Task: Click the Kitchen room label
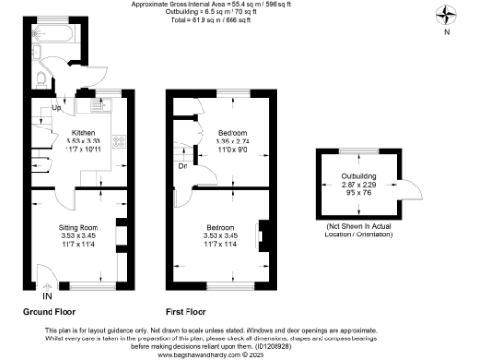84,133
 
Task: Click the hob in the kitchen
120,142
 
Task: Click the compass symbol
446,16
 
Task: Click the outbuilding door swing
403,193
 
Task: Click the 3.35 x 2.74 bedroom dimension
231,142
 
